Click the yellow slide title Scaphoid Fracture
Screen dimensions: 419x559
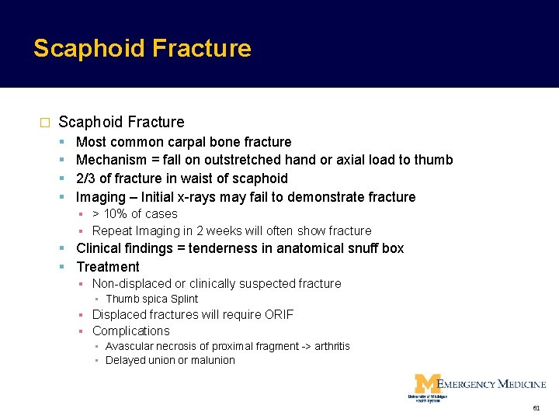point(142,48)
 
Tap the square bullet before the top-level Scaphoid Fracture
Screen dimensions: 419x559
point(44,123)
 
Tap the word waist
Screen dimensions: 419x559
point(202,178)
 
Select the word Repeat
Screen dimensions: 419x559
point(112,230)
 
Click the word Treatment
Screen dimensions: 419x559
point(108,267)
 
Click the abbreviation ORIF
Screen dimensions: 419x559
point(277,314)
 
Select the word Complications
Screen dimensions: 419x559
point(130,331)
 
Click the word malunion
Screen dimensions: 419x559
point(212,360)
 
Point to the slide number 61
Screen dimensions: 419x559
point(536,408)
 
